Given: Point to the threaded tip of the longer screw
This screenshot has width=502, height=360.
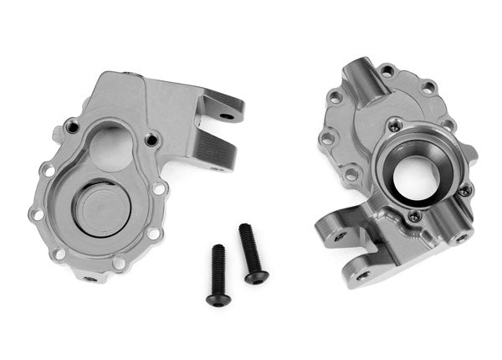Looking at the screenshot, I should [x=243, y=229].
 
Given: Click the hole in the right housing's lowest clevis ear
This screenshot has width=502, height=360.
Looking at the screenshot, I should [x=362, y=274].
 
